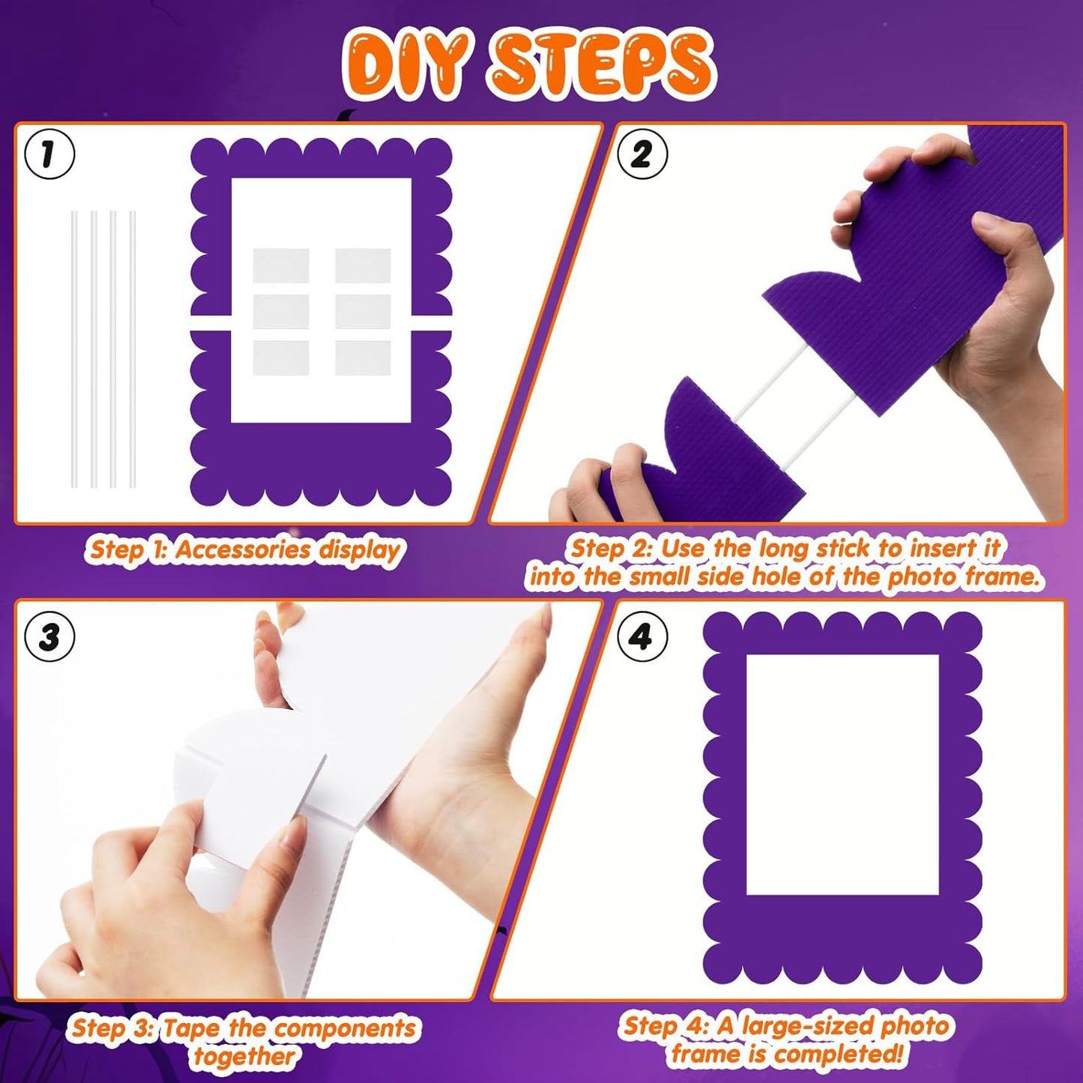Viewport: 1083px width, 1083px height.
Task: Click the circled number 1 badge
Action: click(49, 154)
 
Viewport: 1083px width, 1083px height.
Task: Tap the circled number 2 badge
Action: click(642, 154)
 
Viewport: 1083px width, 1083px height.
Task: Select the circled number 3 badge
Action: click(49, 637)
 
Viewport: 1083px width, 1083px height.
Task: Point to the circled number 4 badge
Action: click(642, 637)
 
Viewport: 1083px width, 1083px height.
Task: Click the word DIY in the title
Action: click(408, 66)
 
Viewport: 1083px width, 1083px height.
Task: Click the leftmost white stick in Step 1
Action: click(74, 349)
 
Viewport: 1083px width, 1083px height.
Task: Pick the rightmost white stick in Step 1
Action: click(133, 349)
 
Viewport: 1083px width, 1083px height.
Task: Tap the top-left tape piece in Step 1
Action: click(281, 265)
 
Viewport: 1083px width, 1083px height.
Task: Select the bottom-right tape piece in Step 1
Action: click(363, 358)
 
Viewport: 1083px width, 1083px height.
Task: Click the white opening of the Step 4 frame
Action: click(842, 774)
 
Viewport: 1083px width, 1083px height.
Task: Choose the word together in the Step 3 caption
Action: click(244, 1057)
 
